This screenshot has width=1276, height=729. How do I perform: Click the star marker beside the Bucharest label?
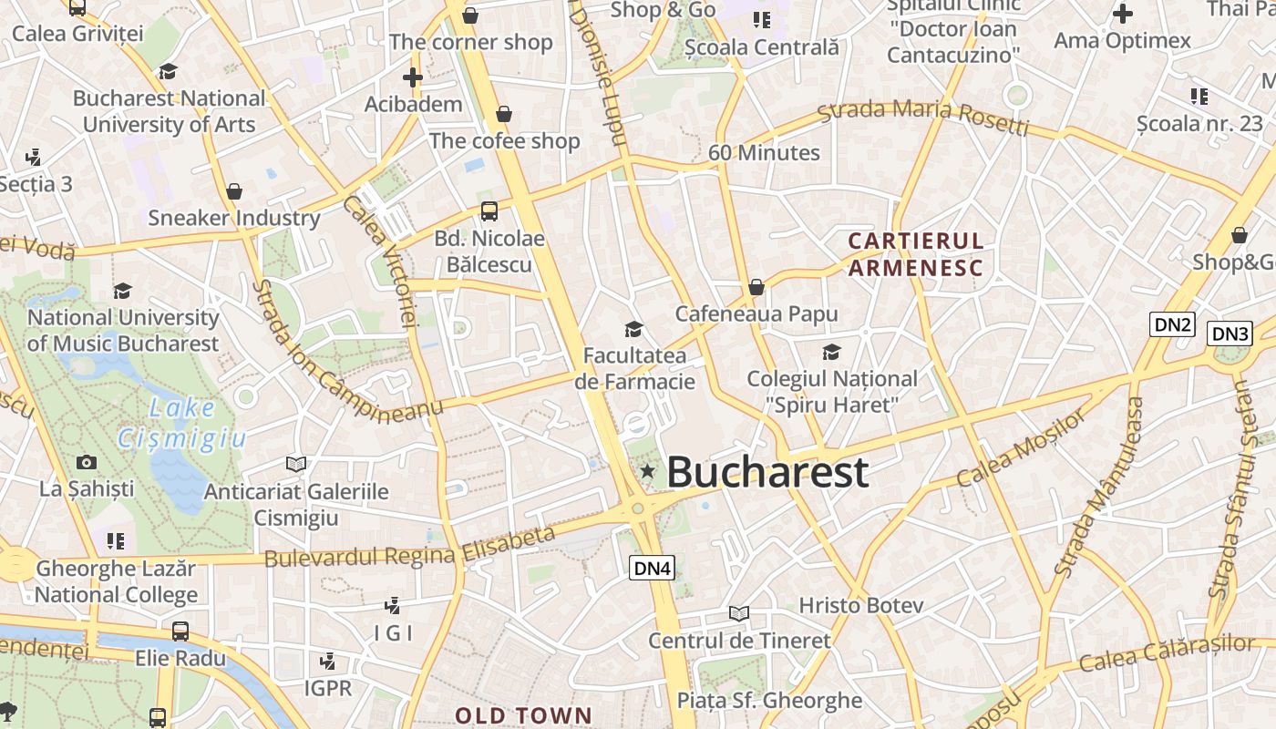coord(647,471)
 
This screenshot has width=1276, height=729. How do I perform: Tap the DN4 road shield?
coord(653,569)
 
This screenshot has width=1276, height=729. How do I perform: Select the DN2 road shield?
coord(1172,324)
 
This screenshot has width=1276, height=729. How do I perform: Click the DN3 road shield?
coord(1230,334)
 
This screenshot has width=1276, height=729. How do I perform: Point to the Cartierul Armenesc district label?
coord(916,254)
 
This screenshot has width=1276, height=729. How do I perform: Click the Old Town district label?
coord(523,715)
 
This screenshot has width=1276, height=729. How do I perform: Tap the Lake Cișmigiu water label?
coord(182,423)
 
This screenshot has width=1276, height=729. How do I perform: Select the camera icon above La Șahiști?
coord(87,462)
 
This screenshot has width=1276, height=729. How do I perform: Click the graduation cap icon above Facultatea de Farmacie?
coord(633,328)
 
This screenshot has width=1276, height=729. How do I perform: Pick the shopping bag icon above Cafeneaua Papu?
coord(756,287)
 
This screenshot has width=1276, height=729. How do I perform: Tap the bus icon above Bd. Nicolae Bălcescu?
coord(489,211)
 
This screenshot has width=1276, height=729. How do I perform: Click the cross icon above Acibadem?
coord(413,77)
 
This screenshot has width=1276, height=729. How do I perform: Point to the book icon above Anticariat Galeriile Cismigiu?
coord(296,464)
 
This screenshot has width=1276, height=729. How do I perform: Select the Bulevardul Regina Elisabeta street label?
coord(409,547)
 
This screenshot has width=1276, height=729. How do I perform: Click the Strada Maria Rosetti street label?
coord(922,116)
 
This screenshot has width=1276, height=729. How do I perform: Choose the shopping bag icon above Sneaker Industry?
coord(234,191)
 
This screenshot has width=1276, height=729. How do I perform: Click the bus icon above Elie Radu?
coord(180,631)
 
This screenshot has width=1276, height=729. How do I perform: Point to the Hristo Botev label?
coord(861,605)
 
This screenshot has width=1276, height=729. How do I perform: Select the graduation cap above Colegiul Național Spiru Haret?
coord(831,352)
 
